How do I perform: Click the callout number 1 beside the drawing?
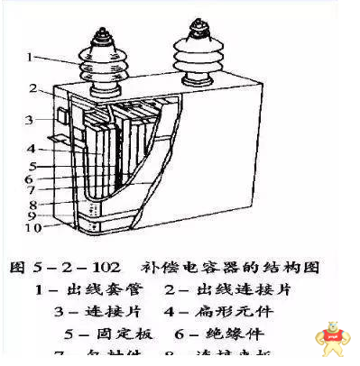tap(29, 58)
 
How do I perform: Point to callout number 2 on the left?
tap(32, 88)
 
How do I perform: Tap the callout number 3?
tap(29, 119)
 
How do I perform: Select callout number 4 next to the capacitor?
tap(30, 149)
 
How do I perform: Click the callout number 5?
tap(32, 167)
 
